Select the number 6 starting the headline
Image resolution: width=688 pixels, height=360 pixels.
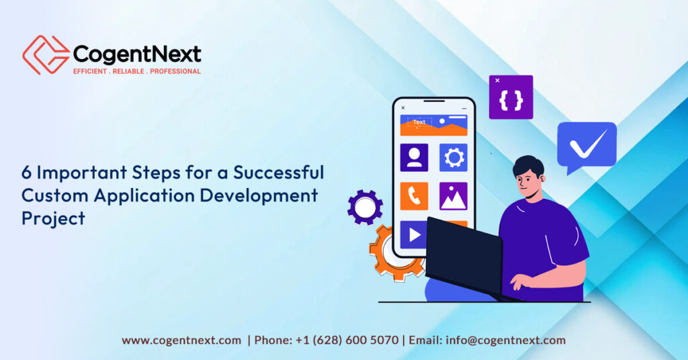[x=27, y=173]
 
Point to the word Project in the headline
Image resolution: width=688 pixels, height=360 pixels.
[x=53, y=218]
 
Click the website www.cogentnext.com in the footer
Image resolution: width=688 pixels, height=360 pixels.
[x=181, y=341]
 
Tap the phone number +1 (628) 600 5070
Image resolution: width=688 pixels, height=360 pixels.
[x=347, y=341]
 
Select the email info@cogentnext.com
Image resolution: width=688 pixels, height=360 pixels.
[x=506, y=341]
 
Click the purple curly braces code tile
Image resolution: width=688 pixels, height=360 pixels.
[x=511, y=97]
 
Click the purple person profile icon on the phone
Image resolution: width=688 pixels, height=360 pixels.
[x=414, y=157]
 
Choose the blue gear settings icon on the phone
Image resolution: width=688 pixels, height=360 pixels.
[x=454, y=157]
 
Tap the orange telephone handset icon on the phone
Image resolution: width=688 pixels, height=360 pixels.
[x=414, y=196]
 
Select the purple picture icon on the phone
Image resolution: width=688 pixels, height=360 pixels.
[x=454, y=196]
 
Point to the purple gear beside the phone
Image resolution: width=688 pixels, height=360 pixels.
[x=365, y=207]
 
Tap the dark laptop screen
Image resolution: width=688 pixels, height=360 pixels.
[x=464, y=252]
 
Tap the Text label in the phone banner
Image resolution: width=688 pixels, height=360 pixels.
[x=419, y=122]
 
